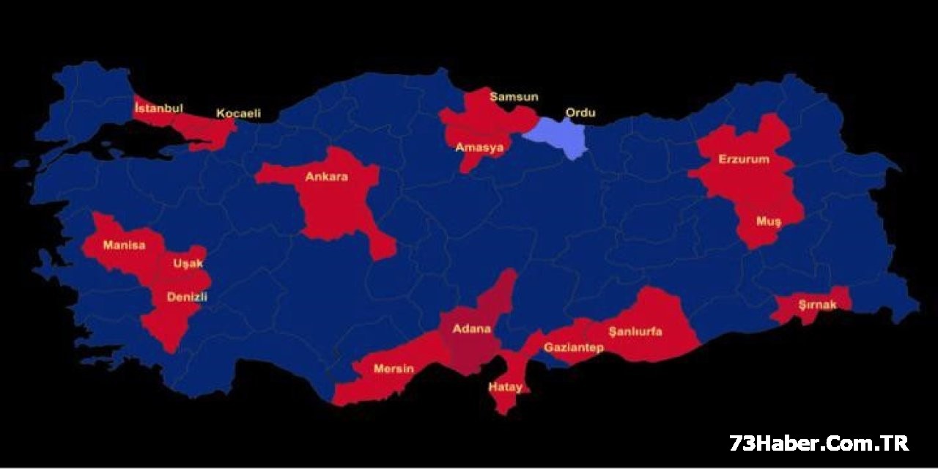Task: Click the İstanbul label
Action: [158, 108]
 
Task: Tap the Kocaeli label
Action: [238, 114]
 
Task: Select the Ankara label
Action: [326, 177]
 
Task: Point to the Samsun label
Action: [514, 97]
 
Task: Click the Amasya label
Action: [479, 147]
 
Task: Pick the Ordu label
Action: [580, 113]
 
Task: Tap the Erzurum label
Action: [744, 159]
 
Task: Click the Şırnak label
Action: [817, 305]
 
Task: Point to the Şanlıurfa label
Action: [635, 331]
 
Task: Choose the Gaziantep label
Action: [573, 347]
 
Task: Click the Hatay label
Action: [506, 387]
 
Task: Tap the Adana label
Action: [471, 328]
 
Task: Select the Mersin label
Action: [394, 368]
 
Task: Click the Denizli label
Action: [188, 297]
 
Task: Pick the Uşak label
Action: [188, 263]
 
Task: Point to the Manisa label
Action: [124, 245]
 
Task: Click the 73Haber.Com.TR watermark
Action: [819, 443]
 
